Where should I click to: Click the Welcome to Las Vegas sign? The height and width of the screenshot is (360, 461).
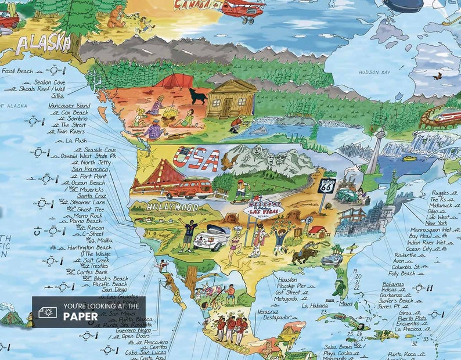coord(263,208)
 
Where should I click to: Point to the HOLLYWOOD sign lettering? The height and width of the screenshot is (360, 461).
coord(172,207)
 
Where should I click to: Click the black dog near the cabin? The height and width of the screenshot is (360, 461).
coord(198,96)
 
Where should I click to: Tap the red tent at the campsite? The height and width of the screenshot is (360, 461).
coord(174,81)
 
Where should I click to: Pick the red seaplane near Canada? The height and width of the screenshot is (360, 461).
coord(243,8)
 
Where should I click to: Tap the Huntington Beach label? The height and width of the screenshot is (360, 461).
coord(89,247)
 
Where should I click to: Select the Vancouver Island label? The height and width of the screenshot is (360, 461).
coord(69,106)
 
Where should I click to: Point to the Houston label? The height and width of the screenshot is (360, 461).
coord(288,279)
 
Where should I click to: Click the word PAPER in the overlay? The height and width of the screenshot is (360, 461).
coord(81,316)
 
